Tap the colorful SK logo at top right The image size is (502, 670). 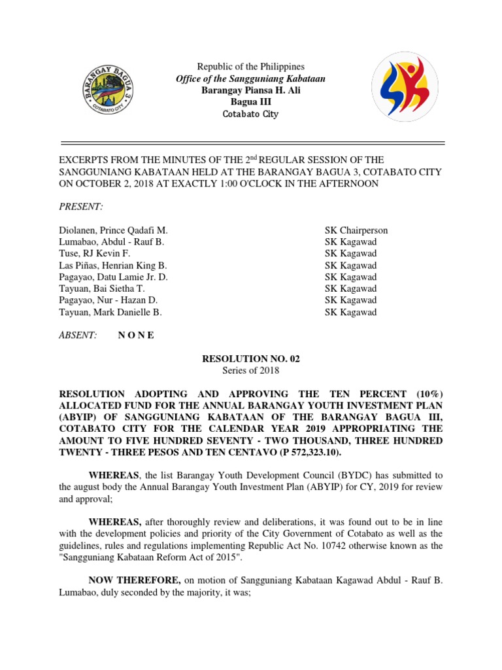405,86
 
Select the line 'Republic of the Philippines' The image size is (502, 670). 251,67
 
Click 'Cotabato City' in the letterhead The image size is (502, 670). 251,114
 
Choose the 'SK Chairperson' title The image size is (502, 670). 356,230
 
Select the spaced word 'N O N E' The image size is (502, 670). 136,335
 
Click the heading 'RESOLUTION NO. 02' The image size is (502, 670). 251,359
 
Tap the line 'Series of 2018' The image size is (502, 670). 251,370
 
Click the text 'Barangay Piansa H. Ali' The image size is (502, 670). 251,90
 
